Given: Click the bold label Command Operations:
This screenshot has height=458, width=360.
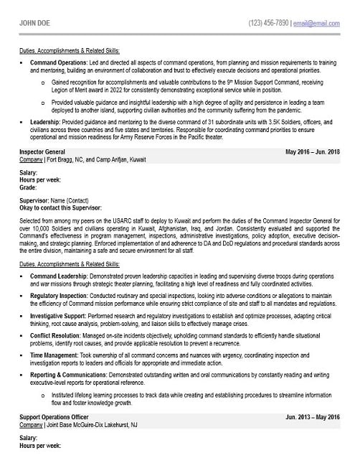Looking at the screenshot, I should coord(58,62).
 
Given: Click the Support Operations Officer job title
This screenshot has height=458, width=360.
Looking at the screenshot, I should coord(55,416).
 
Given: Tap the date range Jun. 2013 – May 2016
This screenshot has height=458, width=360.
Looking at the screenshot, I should coord(313,416).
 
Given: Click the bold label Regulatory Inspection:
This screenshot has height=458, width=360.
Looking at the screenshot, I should coord(61,295).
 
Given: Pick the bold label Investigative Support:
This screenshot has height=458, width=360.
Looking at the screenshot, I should coord(60,315).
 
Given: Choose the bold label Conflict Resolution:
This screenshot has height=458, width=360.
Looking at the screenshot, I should coord(57,335).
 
